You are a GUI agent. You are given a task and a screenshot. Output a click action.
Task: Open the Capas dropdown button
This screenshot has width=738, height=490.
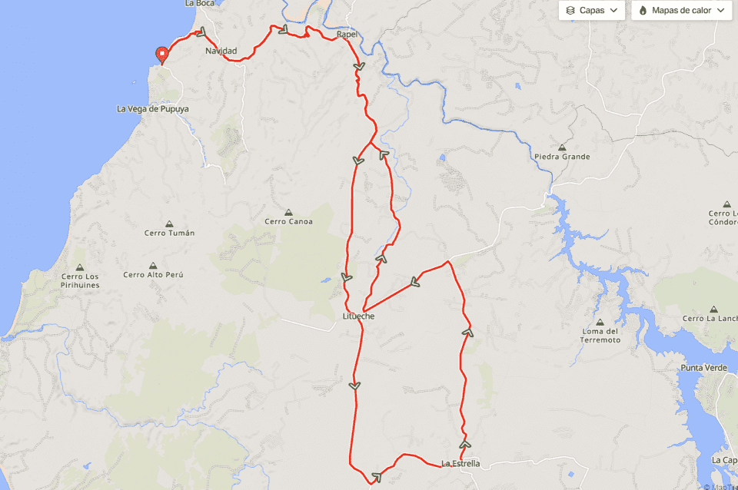591,11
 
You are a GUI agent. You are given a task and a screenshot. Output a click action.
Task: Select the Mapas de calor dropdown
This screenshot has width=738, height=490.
681,11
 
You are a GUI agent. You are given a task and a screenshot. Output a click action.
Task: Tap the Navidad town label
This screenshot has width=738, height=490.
221,51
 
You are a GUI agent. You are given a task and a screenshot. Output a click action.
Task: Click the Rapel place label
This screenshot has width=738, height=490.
347,35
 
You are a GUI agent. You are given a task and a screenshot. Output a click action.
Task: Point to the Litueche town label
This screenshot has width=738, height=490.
358,316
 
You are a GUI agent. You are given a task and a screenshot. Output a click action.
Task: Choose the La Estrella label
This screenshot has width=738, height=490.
460,463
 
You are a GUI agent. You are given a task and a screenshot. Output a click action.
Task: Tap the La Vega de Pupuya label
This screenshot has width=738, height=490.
152,109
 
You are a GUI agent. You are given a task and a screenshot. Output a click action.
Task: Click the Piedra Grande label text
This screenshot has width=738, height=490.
562,157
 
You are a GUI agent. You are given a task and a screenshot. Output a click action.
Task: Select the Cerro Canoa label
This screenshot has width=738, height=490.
288,222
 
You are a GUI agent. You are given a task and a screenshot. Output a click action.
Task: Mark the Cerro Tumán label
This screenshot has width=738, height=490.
169,233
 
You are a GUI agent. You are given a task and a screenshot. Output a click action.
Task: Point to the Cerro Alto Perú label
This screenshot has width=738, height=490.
154,275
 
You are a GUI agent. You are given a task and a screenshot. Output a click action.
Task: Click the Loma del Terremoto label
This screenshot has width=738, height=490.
600,335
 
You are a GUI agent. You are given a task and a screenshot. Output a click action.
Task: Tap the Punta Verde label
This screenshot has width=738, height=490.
703,368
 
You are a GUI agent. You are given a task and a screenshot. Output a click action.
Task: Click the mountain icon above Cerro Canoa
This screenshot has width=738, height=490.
288,212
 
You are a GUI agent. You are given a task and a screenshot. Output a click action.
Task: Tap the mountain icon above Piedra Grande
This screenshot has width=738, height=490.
562,147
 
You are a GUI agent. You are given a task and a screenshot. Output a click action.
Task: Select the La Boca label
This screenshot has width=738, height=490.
200,4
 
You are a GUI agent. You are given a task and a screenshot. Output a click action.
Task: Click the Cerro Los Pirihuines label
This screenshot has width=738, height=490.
80,281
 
